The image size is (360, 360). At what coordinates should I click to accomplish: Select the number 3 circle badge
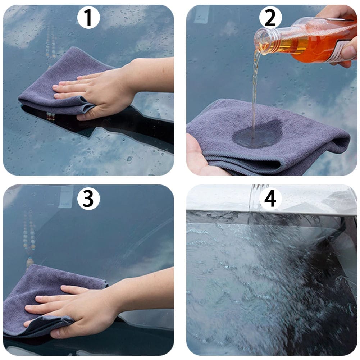click(x=88, y=199)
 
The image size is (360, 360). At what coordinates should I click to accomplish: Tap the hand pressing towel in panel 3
click(x=79, y=306)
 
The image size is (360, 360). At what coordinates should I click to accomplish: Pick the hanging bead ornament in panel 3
click(x=29, y=237)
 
